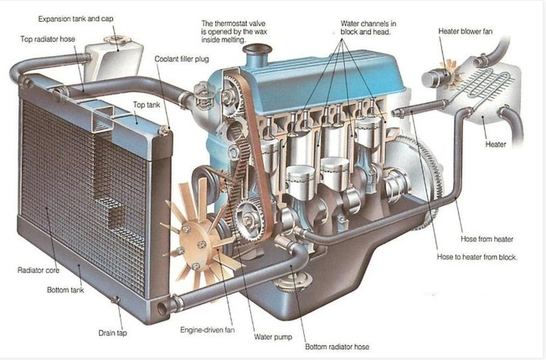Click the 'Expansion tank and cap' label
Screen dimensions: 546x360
point(75,18)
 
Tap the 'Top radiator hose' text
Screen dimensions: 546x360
point(48,39)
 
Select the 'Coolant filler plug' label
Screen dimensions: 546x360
point(182,59)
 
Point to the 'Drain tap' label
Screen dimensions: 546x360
point(112,333)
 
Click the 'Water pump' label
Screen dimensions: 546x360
point(273,337)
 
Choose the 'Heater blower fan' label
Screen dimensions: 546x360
point(466,31)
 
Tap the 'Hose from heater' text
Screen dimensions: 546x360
point(487,239)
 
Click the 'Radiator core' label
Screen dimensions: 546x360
point(39,270)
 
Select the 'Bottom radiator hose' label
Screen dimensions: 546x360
point(337,347)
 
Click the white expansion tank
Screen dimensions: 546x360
point(114,59)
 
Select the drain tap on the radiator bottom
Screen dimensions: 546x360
point(115,300)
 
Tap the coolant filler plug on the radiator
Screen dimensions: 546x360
point(163,131)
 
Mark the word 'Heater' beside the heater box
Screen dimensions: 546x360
point(496,144)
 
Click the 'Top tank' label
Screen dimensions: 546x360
point(147,105)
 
